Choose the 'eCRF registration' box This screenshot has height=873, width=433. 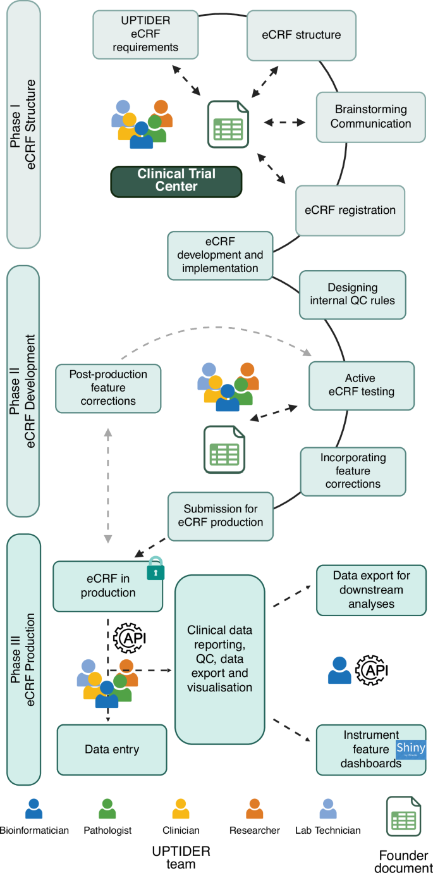(350, 210)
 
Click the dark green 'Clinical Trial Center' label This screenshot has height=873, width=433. (176, 180)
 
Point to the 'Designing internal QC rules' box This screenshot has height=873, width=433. (352, 294)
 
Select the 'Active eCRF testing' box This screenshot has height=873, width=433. (361, 385)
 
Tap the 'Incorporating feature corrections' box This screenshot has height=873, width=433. (353, 471)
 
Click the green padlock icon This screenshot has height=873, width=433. (156, 571)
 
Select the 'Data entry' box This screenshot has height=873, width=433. (112, 750)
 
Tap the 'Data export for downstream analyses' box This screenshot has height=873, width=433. (371, 590)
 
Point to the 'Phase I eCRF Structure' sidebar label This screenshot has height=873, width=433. (23, 123)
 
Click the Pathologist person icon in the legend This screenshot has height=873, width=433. (107, 809)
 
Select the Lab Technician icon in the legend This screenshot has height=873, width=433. (328, 809)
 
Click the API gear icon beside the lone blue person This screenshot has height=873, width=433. (372, 671)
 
